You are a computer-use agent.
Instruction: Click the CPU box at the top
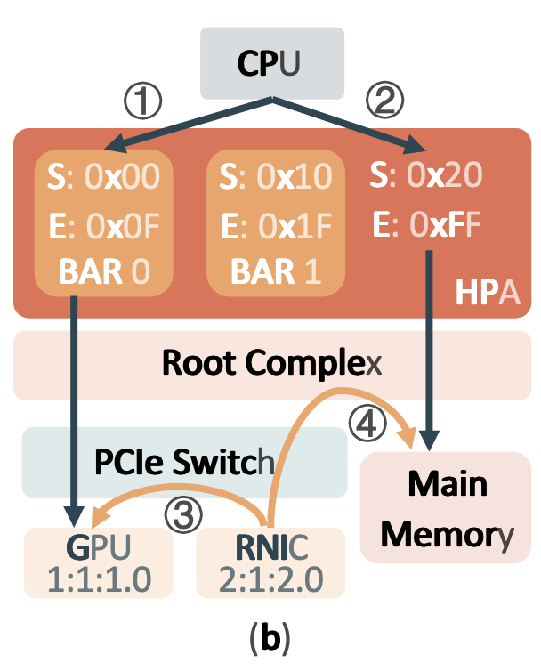click(x=271, y=63)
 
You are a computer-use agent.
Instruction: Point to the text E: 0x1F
click(x=273, y=224)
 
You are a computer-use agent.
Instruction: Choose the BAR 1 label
click(x=273, y=270)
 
